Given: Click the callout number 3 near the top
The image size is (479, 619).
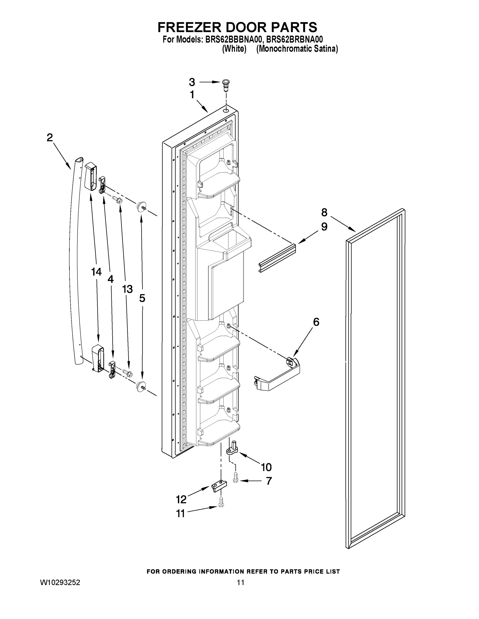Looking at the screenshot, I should tap(192, 82).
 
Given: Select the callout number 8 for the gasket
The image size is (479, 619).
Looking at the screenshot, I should tap(324, 212).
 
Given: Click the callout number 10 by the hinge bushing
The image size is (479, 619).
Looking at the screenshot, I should tap(266, 467).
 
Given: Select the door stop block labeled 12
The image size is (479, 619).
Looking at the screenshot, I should tap(220, 486).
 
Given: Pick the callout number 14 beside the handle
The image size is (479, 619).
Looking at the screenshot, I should tap(96, 272).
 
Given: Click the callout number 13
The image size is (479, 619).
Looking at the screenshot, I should tap(127, 289).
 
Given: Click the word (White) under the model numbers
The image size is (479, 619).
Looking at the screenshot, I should tap(234, 49).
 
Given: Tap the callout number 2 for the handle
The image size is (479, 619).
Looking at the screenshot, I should tap(50, 138).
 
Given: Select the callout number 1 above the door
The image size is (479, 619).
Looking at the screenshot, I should tap(192, 95).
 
